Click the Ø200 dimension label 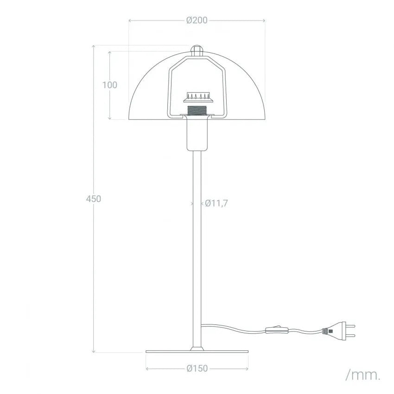(x=197, y=20)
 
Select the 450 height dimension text (x=94, y=199)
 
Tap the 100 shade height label (x=110, y=85)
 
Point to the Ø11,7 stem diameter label (x=216, y=203)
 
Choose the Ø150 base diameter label (x=197, y=369)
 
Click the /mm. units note (x=363, y=375)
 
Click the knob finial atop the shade (x=197, y=51)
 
